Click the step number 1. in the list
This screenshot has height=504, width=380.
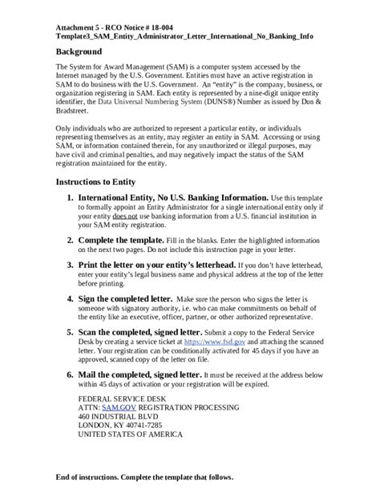coord(71,197)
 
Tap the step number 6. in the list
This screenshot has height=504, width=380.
coord(71,373)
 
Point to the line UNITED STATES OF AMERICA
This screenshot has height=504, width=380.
coord(131,435)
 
